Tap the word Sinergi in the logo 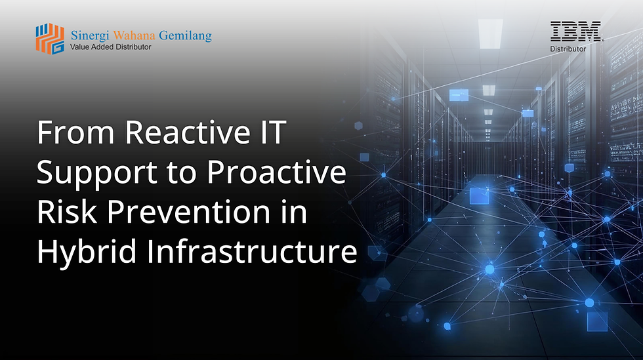pos(90,35)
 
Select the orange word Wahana pos(136,35)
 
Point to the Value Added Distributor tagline pos(110,47)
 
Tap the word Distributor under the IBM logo pos(568,48)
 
